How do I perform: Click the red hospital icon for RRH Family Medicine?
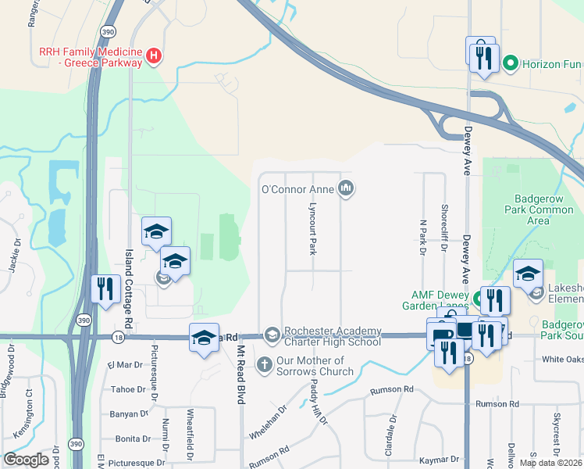coord(155,55)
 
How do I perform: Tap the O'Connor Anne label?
coord(297,188)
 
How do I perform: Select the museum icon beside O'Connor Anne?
coord(346,188)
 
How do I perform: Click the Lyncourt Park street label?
coord(312,228)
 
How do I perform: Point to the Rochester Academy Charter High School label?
coord(333,336)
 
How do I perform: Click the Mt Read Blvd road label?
coord(240,374)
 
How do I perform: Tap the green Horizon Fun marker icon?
coord(511,62)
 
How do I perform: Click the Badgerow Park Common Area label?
coord(539,209)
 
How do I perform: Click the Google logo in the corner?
coord(26,460)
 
